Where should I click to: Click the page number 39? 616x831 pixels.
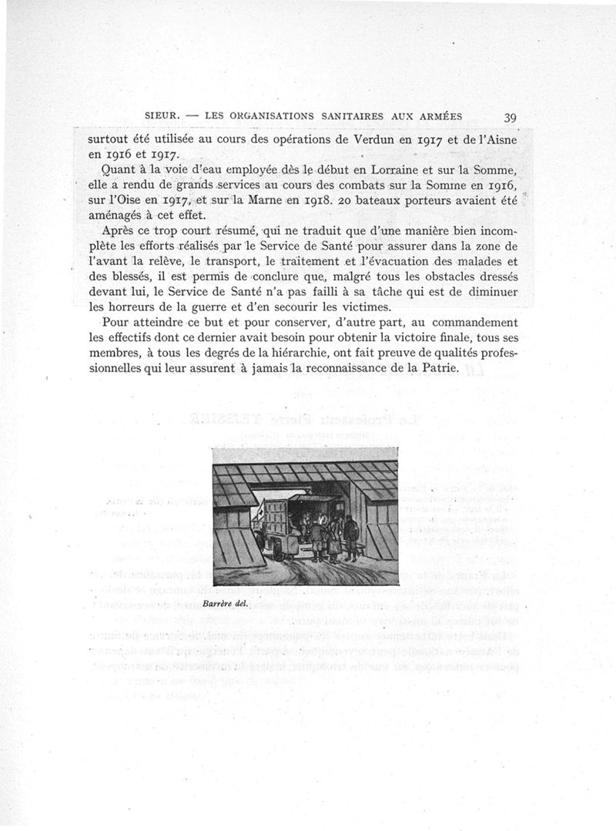tap(510, 117)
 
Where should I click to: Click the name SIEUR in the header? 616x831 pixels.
tap(162, 117)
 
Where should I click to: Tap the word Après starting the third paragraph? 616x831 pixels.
tap(119, 231)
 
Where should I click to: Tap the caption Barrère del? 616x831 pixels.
tap(226, 603)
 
